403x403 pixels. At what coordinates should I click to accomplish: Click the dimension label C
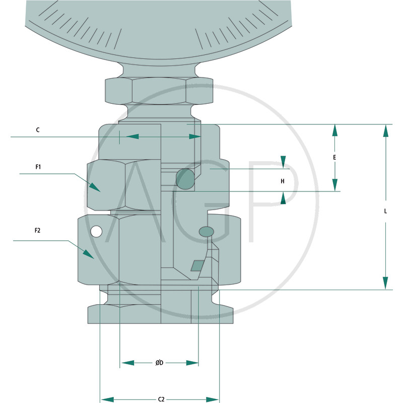38,130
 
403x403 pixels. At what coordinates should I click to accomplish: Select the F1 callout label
38,167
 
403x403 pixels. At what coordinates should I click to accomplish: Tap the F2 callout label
37,230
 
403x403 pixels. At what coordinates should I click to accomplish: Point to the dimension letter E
334,157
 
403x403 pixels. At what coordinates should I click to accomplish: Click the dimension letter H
283,181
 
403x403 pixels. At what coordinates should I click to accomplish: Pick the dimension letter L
385,211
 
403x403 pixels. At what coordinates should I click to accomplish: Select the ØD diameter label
159,363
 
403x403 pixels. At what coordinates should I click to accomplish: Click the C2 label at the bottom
161,399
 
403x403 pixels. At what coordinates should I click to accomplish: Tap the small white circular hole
96,231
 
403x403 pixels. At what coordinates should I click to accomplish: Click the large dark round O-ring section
185,179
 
